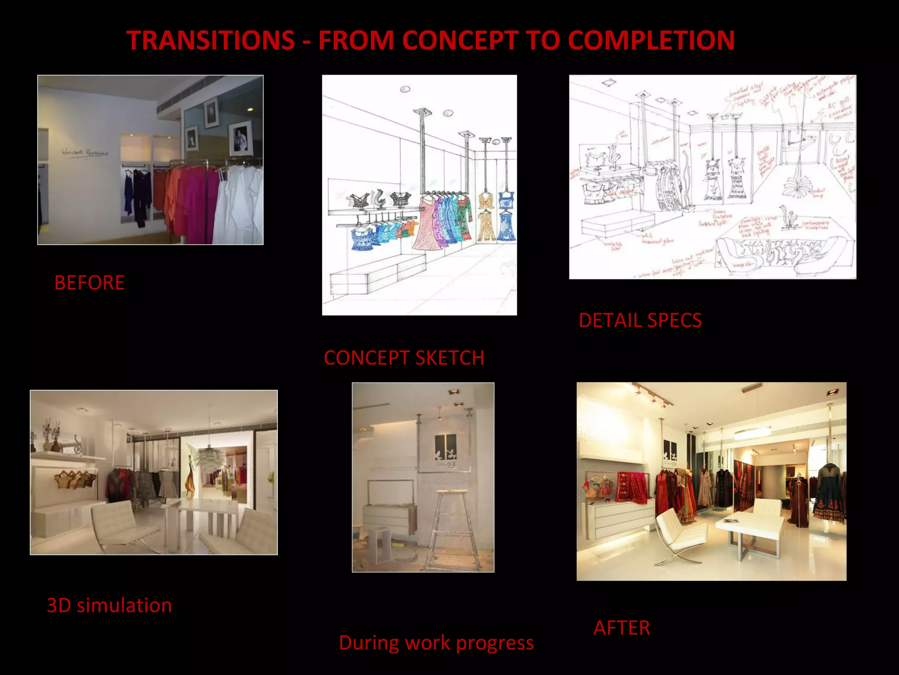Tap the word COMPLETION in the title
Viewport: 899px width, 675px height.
click(651, 40)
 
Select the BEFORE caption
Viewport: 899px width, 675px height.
click(90, 283)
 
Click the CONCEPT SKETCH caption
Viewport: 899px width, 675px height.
click(404, 358)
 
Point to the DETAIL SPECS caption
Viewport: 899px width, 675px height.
click(640, 320)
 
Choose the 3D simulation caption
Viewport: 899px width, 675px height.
click(109, 605)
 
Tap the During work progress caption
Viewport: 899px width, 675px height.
click(436, 642)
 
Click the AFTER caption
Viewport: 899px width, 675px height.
click(622, 628)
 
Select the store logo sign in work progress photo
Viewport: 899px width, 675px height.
click(445, 450)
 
